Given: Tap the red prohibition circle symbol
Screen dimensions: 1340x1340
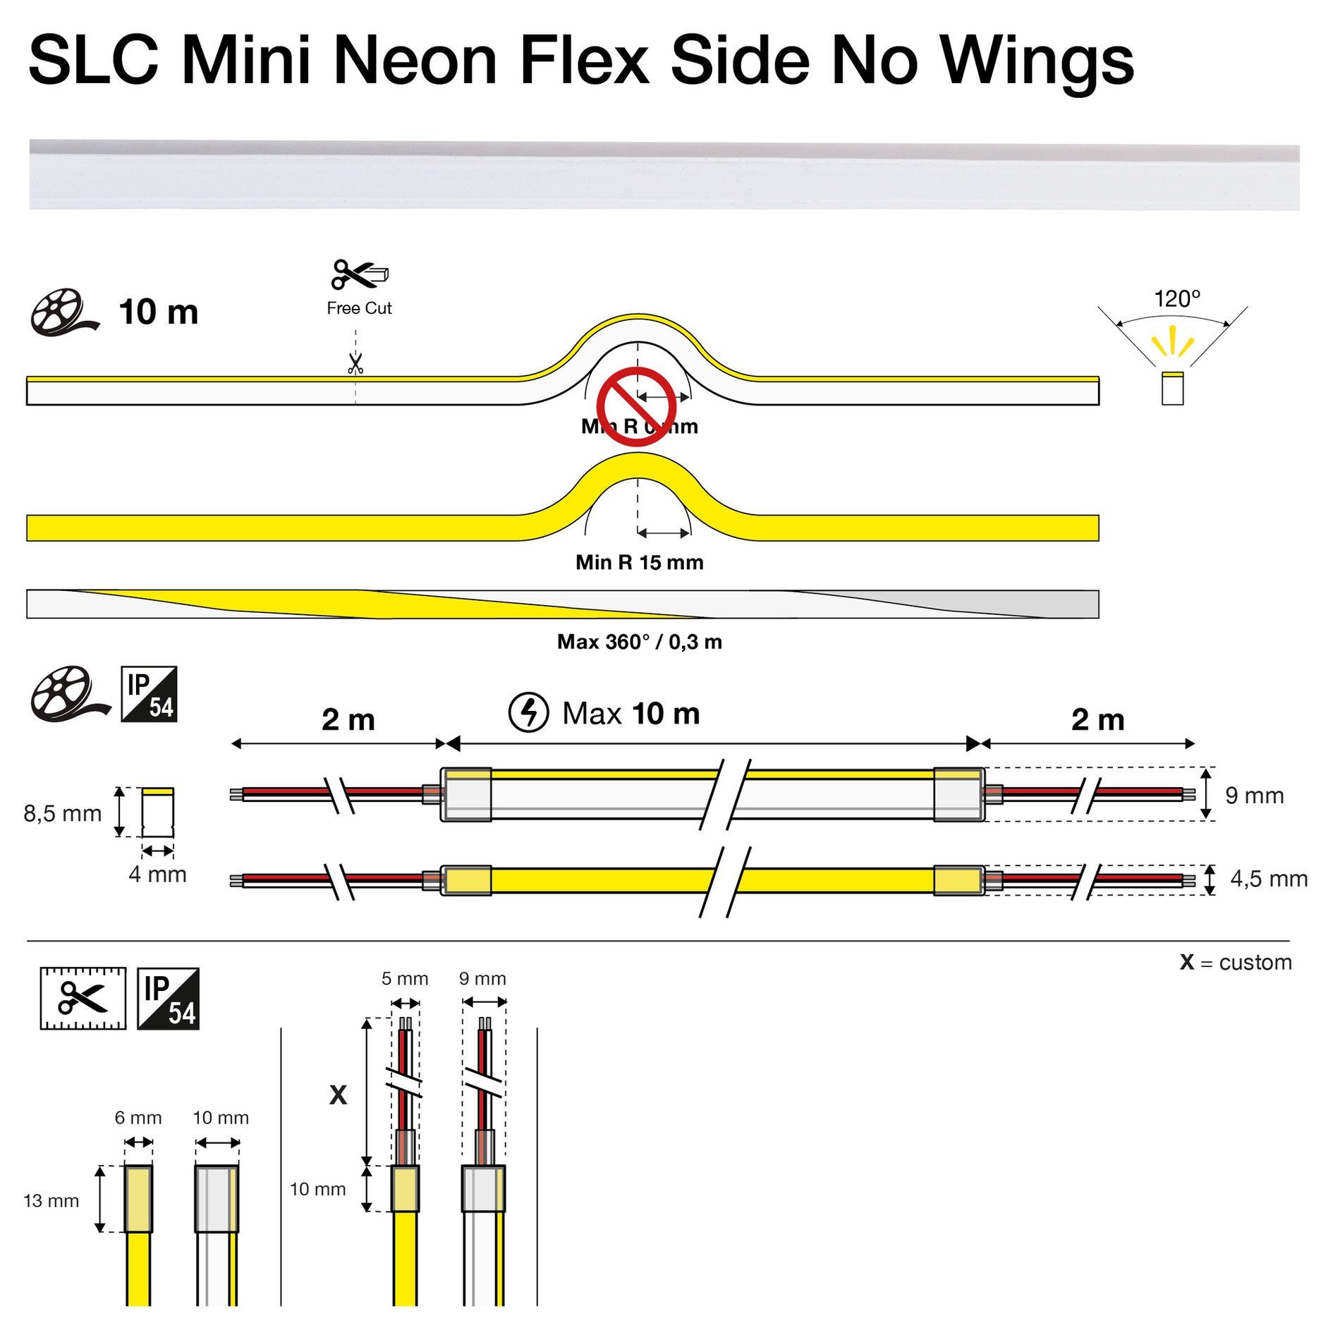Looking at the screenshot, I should coord(636,406).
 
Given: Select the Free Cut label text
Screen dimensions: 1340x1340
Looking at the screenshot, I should coord(359,308).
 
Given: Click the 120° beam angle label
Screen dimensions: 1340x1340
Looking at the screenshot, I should coord(1176,299).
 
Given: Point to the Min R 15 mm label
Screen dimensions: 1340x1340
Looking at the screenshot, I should coord(639,562).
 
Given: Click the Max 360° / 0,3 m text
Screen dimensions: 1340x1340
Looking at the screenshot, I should coord(639,642).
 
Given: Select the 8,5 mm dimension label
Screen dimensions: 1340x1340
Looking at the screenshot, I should coord(62,813).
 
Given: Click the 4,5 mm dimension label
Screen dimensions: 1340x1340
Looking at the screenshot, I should coord(1268,879).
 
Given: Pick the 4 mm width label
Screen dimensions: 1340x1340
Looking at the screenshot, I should coord(157,875).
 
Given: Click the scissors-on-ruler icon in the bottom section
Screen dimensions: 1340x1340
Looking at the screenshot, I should coord(83,998).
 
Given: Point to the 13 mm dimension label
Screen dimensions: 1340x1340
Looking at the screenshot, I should coord(51,1200).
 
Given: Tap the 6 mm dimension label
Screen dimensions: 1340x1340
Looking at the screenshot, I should coord(138,1118).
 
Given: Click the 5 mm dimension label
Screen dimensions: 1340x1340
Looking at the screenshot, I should coord(405,978).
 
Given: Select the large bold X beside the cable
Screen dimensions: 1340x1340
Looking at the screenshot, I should coord(339,1095).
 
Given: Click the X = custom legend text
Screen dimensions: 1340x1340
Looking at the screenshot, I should coord(1235,962).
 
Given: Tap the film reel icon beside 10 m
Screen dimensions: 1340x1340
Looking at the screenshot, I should coord(62,312).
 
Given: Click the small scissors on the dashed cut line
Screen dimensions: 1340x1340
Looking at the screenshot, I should coord(355,364).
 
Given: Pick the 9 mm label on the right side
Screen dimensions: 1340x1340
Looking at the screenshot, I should coord(1254,796).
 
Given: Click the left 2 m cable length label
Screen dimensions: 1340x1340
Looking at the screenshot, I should coord(348,719).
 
